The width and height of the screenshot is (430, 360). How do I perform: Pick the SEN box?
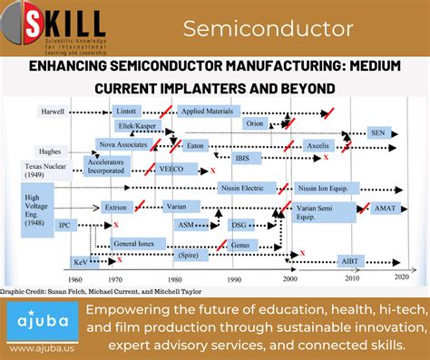(378, 132)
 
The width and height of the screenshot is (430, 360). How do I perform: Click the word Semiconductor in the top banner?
(268, 28)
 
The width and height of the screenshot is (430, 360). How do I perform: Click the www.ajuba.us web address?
(40, 348)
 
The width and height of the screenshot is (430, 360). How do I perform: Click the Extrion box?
(115, 207)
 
